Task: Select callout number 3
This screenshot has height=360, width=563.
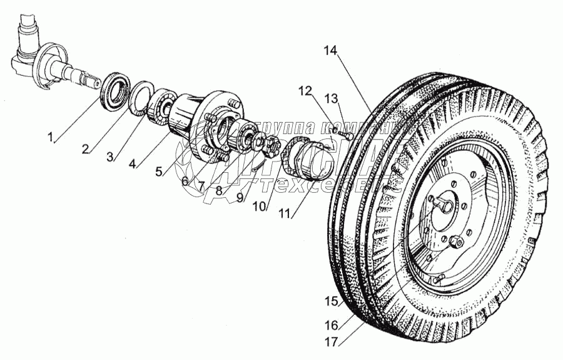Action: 110,157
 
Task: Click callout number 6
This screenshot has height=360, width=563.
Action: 185,181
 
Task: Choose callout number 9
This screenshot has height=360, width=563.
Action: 240,195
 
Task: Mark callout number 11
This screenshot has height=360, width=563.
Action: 285,213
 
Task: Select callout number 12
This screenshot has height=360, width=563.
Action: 305,91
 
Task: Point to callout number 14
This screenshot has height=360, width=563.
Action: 330,51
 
